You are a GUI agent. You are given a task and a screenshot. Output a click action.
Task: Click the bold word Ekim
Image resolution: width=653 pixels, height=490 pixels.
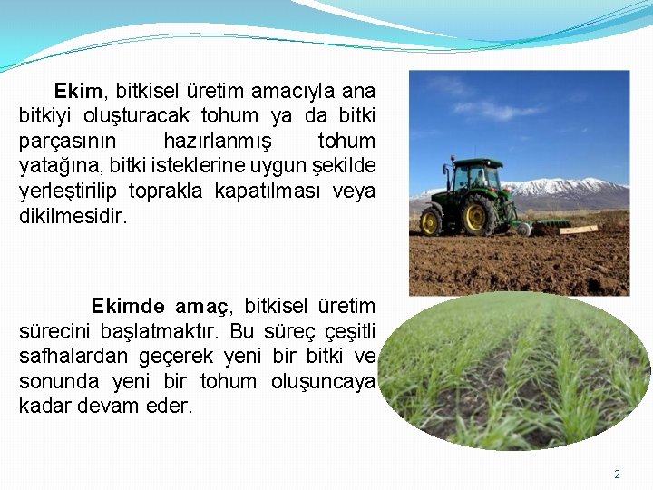coord(80,92)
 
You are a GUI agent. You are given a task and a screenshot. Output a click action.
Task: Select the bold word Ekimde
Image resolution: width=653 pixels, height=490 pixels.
coord(128,307)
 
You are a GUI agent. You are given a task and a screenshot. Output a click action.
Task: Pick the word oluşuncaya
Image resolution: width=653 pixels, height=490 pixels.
coord(323,382)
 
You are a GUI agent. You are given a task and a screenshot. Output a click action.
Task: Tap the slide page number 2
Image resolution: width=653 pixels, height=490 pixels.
coord(618,475)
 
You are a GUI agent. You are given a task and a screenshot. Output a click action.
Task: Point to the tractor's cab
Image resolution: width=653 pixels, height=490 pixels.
coord(477,178)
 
